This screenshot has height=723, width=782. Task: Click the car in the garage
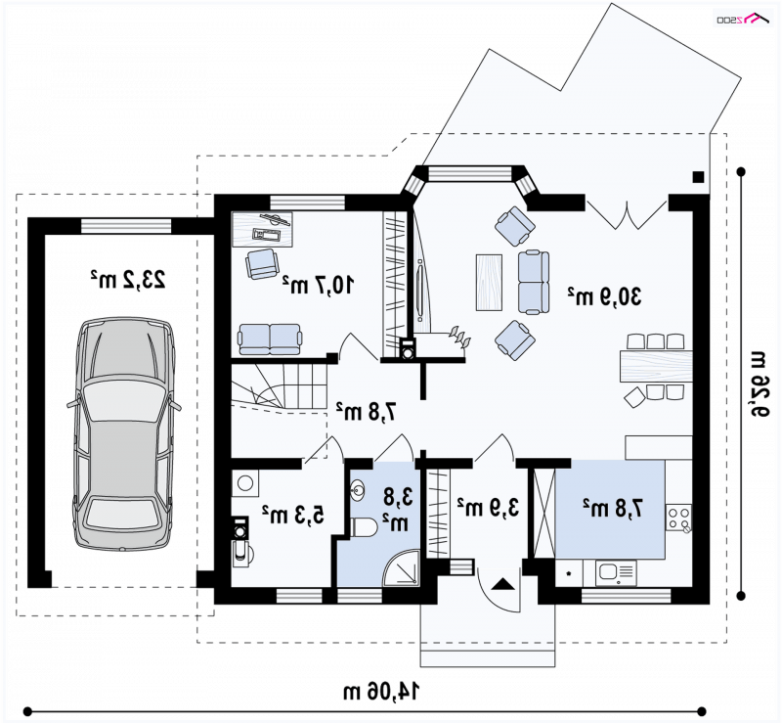124,433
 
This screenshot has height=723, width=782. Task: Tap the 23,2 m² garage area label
128,279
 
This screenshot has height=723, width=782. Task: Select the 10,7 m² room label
319,285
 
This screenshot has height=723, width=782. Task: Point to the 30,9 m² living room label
604,296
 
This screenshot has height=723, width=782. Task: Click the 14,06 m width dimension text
381,691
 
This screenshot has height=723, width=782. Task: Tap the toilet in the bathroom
365,527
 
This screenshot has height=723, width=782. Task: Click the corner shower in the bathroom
402,567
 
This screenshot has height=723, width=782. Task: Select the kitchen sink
616,572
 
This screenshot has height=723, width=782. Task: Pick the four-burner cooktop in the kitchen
678,518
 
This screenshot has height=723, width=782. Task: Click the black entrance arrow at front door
503,584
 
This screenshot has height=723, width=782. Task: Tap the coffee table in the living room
489,283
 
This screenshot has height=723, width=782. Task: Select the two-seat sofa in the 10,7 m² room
270,339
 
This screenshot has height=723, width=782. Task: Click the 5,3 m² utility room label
293,515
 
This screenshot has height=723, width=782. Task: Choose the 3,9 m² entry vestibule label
488,507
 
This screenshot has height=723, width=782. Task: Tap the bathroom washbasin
358,490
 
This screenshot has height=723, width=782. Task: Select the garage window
126,226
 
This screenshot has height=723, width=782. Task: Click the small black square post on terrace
698,177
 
